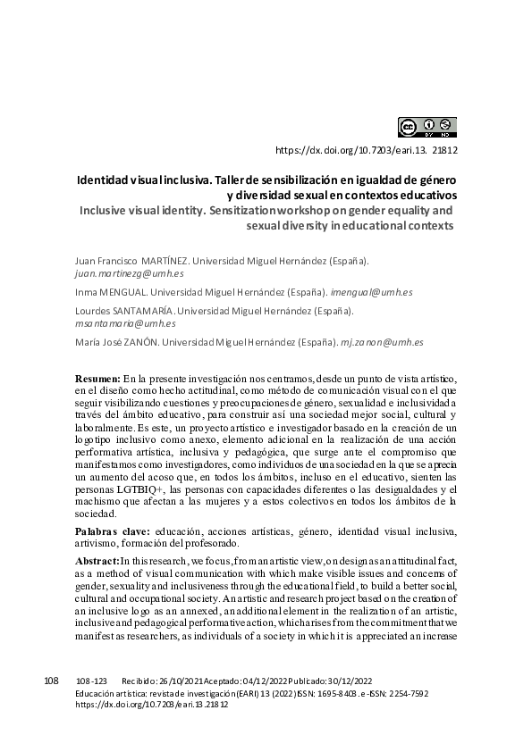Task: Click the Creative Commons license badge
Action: [427, 127]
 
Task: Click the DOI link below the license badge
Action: [367, 151]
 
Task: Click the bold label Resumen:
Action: [97, 380]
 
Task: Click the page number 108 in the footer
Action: [51, 681]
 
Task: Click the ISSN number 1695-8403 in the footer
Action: [329, 693]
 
